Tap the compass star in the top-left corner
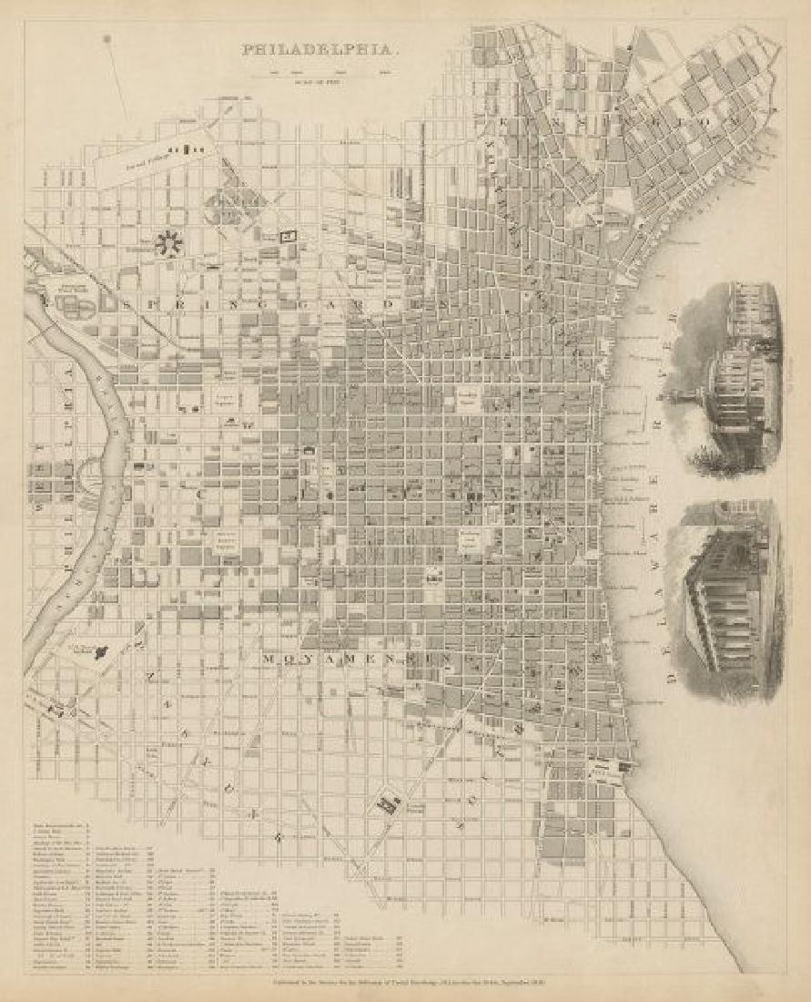coord(106,39)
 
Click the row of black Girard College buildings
coord(188,148)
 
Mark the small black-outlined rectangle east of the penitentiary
coord(289,235)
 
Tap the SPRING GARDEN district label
coord(282,302)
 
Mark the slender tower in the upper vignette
coord(677,401)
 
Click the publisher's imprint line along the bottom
coord(405,984)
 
